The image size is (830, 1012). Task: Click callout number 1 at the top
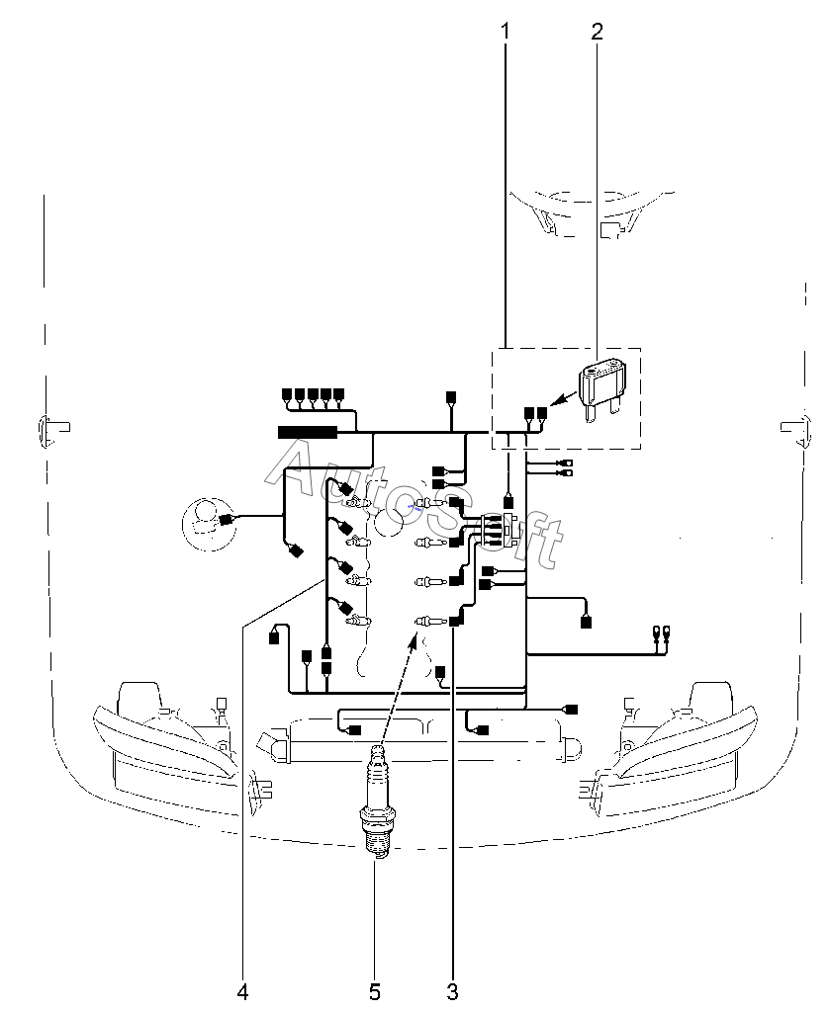click(x=506, y=31)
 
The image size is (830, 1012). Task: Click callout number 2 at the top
click(x=596, y=31)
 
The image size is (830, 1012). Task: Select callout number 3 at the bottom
click(x=452, y=990)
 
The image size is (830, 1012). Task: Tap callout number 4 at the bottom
click(x=242, y=990)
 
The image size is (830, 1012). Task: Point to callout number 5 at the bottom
click(x=375, y=990)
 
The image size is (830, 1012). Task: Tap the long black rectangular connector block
click(x=308, y=431)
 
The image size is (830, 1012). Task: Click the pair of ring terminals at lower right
click(x=662, y=632)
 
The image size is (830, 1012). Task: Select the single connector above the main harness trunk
click(x=451, y=397)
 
